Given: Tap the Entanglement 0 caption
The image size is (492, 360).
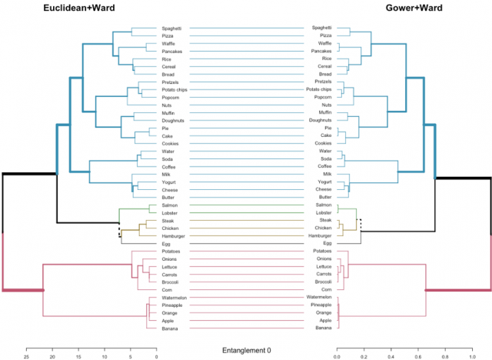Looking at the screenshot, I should pyautogui.click(x=246, y=351).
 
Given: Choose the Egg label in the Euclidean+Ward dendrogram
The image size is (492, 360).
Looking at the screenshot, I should pyautogui.click(x=166, y=242).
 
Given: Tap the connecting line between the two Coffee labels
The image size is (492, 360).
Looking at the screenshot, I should pyautogui.click(x=246, y=166).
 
